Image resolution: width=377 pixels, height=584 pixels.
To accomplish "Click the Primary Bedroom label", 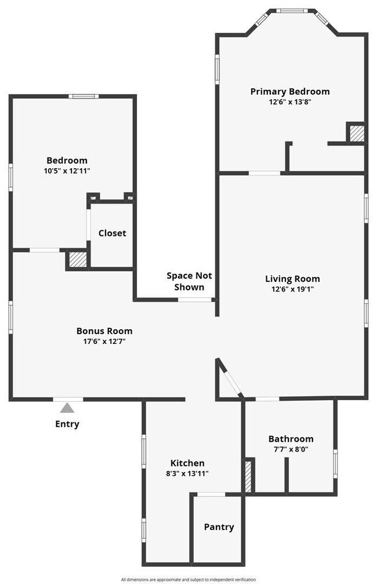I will [290, 92].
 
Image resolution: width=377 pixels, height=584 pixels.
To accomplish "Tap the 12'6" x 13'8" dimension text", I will [290, 101].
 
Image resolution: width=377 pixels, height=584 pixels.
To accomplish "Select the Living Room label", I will [292, 279].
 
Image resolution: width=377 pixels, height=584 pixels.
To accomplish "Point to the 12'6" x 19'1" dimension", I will [292, 289].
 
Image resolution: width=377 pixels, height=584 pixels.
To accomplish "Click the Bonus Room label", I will [104, 331].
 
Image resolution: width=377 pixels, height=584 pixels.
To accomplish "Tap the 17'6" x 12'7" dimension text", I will [104, 341].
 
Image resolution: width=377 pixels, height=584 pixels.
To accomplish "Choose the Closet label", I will [112, 233].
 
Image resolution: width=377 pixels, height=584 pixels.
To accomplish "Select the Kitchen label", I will [187, 463].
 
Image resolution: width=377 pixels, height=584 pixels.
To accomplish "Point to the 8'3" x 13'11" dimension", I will [187, 473].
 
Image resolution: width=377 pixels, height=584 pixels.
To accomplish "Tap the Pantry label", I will [219, 527].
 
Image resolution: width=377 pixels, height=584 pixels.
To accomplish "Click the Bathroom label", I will [291, 439].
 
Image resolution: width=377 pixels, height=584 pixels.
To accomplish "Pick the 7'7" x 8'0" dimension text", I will [291, 449].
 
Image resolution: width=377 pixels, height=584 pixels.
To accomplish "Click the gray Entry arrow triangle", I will [67, 408].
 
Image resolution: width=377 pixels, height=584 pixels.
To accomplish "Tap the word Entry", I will [67, 424].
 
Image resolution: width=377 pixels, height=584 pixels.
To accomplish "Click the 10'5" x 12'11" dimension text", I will [67, 171].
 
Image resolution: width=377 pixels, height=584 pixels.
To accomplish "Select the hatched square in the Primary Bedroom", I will [356, 133].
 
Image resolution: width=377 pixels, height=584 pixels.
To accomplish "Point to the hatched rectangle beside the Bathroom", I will [248, 476].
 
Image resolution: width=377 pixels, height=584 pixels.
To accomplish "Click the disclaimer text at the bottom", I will [188, 579].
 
